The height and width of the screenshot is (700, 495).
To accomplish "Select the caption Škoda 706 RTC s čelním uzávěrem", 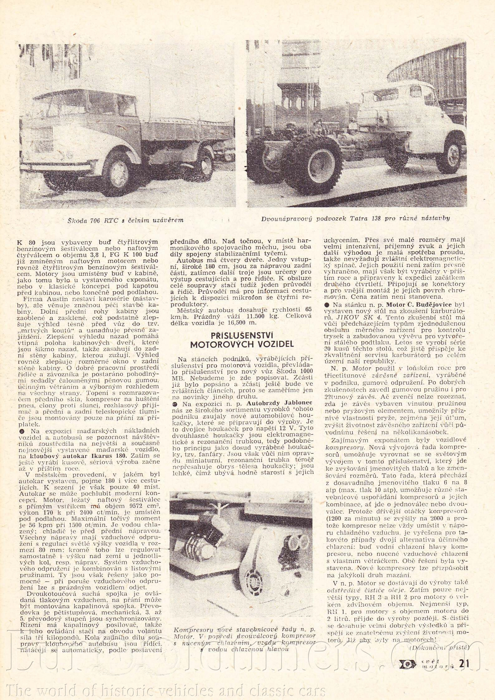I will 125,220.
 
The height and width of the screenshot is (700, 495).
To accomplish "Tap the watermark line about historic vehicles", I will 162,688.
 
